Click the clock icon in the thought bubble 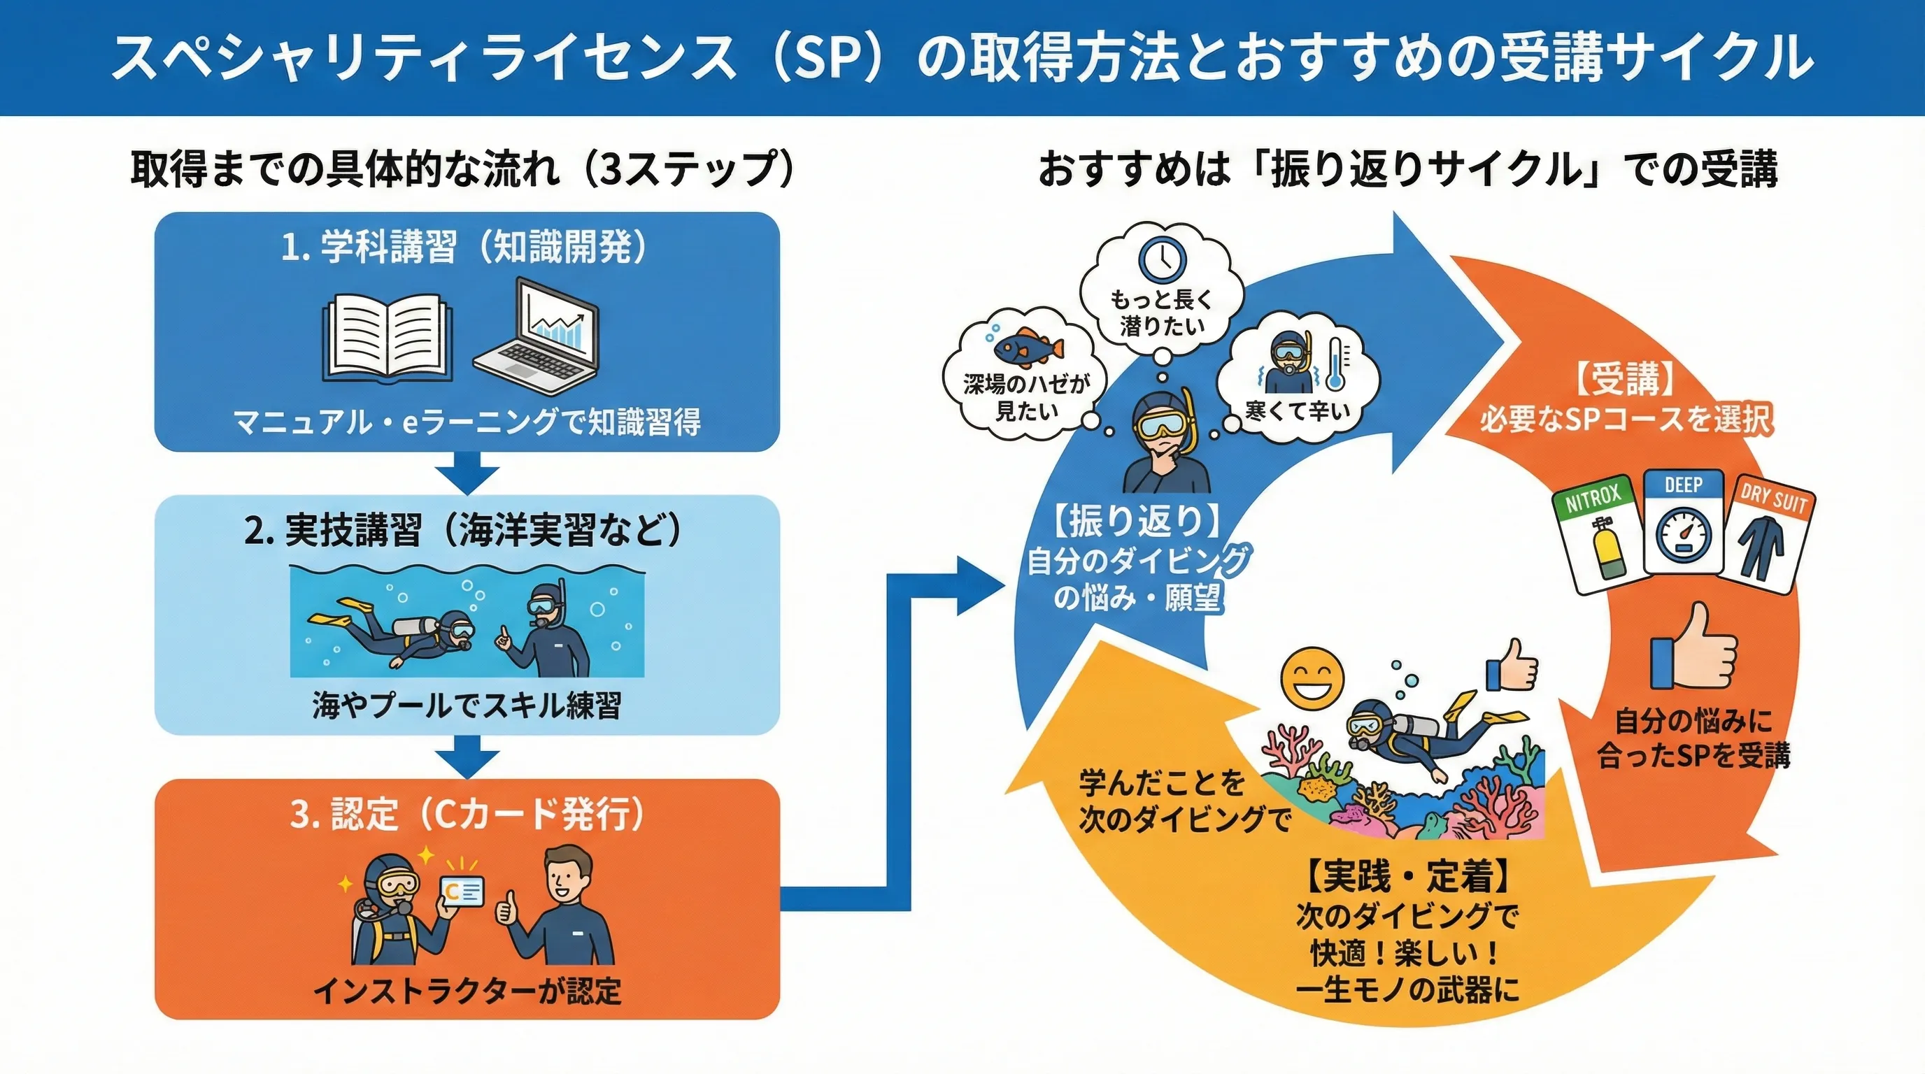click(x=1162, y=258)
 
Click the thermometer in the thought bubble click(x=1335, y=364)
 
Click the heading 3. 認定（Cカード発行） click(x=467, y=814)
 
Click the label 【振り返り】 click(x=1137, y=521)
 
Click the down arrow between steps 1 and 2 click(x=467, y=472)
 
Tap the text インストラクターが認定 click(x=467, y=991)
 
